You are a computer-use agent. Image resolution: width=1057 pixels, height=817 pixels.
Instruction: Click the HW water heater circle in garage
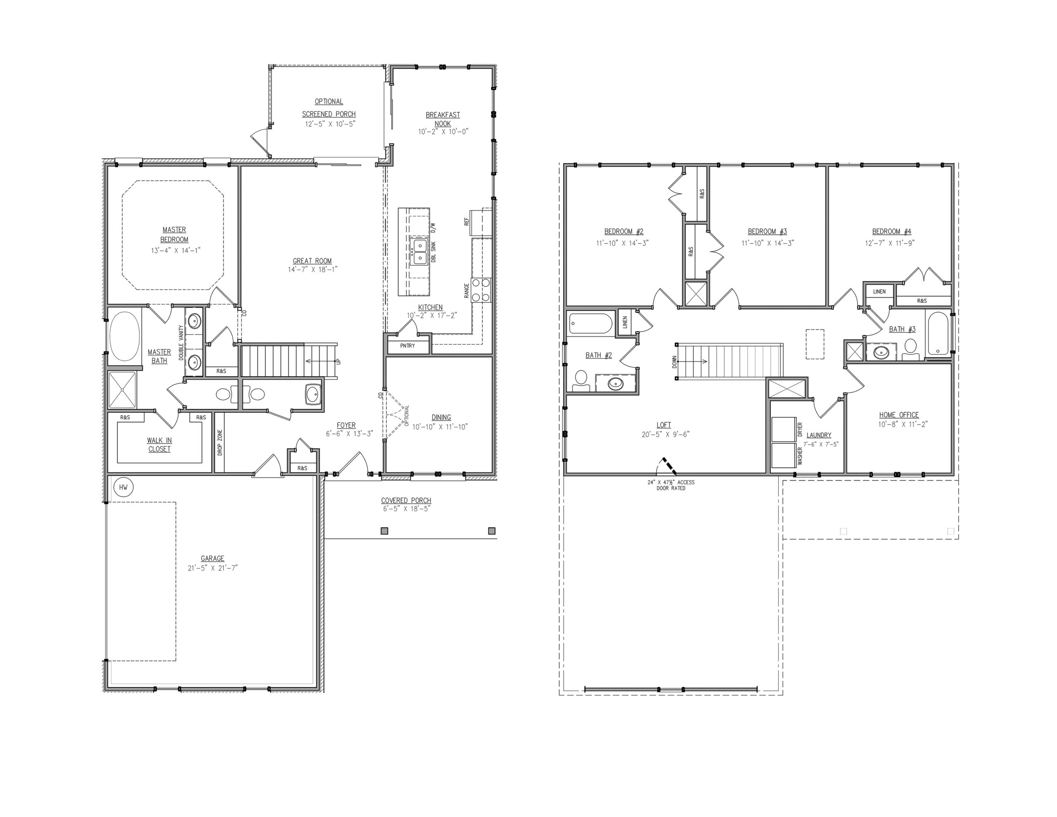[x=123, y=487]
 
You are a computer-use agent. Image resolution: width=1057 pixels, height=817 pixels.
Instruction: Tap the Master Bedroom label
[x=174, y=234]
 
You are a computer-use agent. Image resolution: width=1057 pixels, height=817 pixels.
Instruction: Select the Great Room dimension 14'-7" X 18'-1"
[x=313, y=269]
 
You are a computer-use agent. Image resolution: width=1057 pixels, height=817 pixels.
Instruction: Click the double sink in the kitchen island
[x=418, y=252]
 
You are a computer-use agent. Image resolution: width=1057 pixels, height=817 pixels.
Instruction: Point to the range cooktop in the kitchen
[x=481, y=290]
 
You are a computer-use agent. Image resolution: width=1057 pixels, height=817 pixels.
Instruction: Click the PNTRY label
[x=408, y=346]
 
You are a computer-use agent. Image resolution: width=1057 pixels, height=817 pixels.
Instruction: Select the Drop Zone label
[x=220, y=443]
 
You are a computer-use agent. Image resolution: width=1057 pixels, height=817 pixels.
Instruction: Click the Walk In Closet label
[x=160, y=444]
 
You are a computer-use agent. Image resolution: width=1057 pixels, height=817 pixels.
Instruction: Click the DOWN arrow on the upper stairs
[x=692, y=361]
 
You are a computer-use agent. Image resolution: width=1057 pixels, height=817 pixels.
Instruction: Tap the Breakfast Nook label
[x=443, y=119]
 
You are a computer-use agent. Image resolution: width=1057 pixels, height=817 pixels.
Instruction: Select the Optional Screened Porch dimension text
[x=329, y=123]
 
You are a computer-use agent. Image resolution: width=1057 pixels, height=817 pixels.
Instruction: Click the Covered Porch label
[x=406, y=500]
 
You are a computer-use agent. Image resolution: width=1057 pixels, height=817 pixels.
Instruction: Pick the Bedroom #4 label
[x=891, y=231]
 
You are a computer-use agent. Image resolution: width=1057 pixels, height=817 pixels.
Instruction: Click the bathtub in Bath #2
[x=590, y=323]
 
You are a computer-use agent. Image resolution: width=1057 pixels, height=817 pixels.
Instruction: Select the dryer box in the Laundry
[x=783, y=429]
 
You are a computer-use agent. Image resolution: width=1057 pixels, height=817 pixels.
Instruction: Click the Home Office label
[x=899, y=415]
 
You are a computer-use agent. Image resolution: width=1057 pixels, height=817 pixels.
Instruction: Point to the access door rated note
[x=671, y=485]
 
